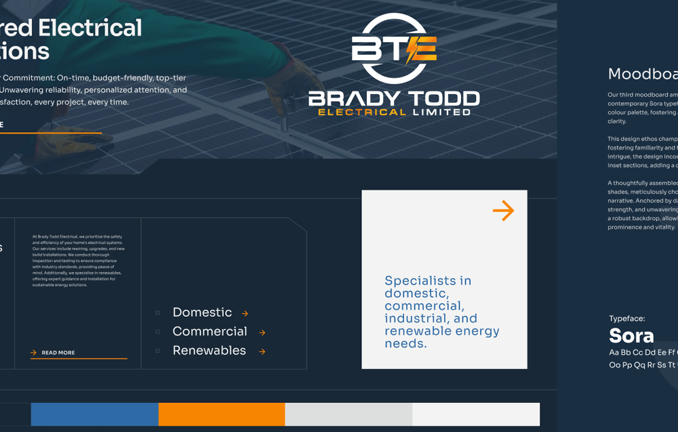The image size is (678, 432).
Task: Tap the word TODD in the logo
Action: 440,99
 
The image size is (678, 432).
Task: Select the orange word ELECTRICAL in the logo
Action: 362,112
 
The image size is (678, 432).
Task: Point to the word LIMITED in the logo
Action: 441,112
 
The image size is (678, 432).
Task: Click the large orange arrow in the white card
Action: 503,211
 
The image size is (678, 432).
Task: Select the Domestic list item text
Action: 202,312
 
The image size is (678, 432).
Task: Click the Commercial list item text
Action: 210,331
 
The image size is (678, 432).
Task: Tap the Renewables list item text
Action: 209,350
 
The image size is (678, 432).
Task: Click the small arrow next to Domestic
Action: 245,314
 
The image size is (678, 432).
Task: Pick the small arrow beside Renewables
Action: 262,351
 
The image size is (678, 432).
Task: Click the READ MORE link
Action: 58,353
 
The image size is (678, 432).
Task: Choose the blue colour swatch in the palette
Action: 94,414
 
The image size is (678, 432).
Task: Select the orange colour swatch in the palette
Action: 221,414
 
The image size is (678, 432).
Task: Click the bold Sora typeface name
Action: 631,335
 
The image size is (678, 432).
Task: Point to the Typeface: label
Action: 626,318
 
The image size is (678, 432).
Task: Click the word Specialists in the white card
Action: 419,281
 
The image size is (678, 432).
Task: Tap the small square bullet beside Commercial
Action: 158,332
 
